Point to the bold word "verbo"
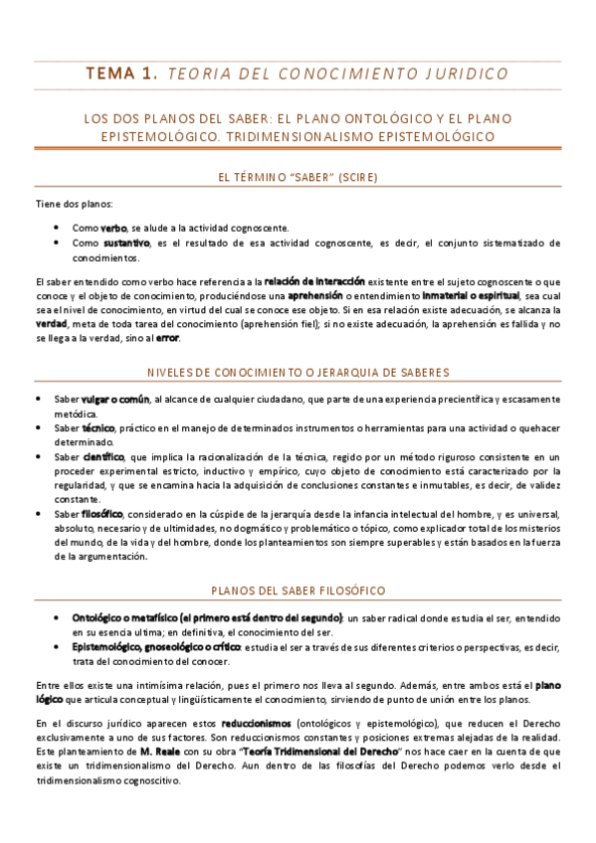[114, 227]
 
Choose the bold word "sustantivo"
[124, 242]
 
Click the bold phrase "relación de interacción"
[314, 282]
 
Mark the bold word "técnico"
[99, 427]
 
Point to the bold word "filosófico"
[102, 513]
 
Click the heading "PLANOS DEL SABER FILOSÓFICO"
[298, 590]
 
